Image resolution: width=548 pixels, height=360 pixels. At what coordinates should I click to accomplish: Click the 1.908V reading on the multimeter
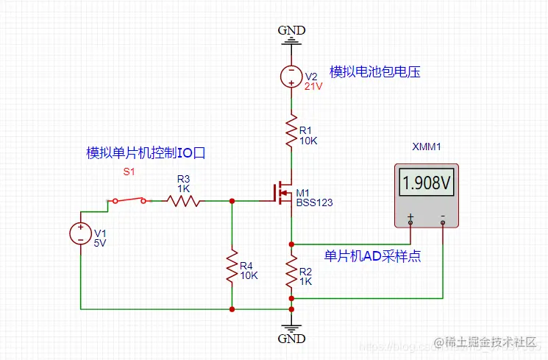tap(427, 183)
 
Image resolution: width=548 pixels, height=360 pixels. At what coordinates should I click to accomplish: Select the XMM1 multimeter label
tap(427, 147)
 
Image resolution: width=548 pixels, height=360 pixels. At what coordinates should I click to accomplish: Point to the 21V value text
tap(313, 85)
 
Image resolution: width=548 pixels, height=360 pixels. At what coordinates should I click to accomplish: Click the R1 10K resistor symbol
tap(292, 130)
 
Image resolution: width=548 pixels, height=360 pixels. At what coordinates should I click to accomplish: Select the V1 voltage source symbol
tap(79, 234)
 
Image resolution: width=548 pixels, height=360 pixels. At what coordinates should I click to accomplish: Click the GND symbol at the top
tap(292, 37)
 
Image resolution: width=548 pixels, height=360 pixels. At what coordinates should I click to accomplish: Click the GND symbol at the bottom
tap(292, 331)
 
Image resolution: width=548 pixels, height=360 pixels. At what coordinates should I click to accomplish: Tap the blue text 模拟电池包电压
tap(374, 71)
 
